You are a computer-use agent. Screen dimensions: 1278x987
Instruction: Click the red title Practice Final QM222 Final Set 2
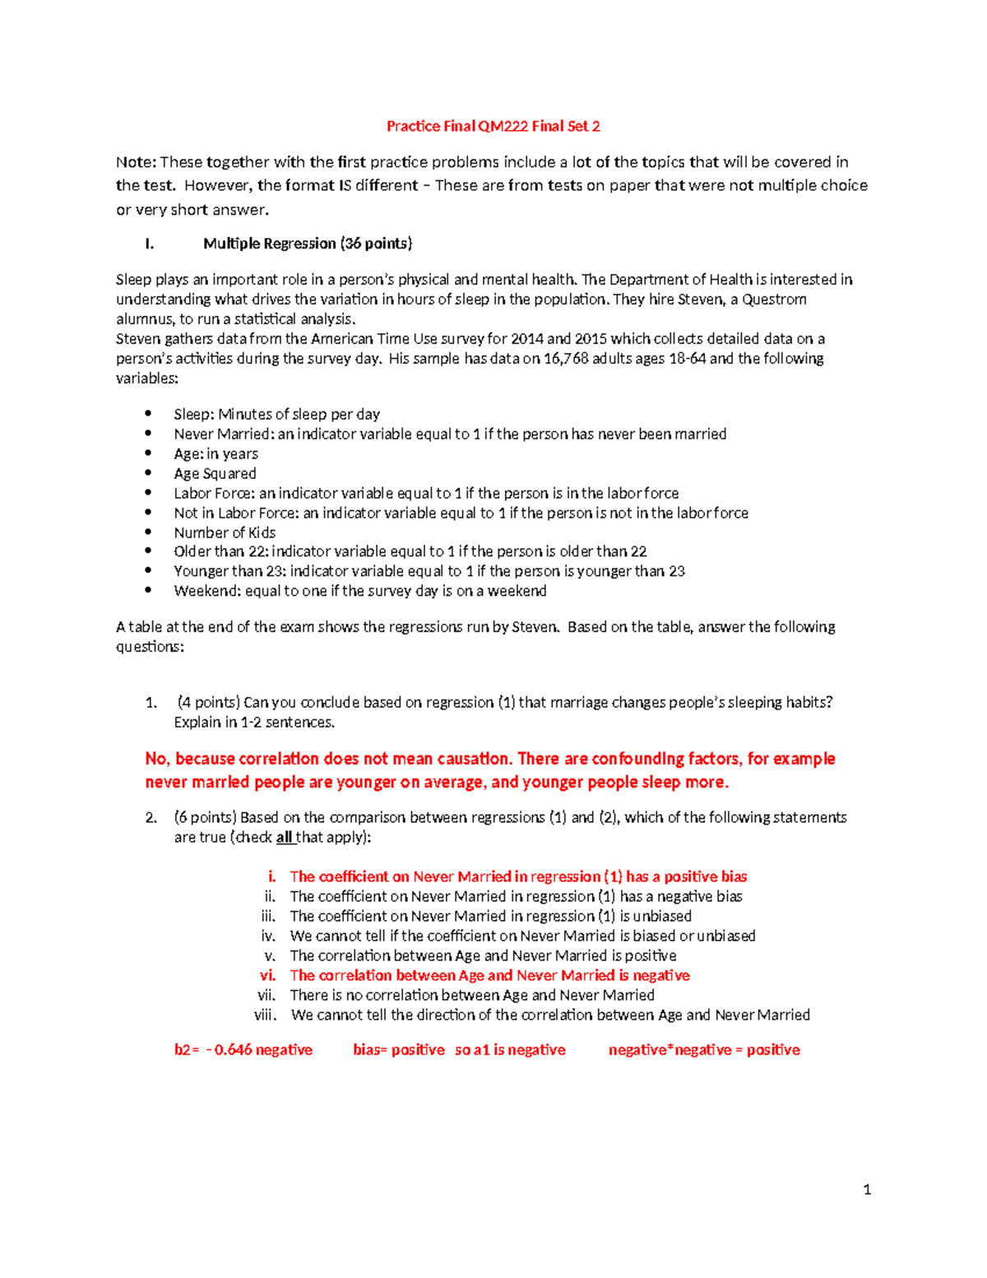493,126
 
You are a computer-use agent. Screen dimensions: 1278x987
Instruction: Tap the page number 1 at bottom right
867,1189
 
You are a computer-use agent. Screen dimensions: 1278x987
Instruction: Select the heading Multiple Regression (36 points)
308,244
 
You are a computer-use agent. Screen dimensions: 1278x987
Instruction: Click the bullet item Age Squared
215,474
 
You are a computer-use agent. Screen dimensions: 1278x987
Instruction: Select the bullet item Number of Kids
225,533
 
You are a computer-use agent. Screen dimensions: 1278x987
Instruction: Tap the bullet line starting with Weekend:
359,591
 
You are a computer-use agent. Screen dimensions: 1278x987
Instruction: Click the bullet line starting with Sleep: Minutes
276,415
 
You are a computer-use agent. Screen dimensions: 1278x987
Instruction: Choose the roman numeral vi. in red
267,976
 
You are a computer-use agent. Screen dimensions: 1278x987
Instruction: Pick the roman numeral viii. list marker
266,1015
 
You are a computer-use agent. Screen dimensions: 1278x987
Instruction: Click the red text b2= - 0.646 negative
243,1050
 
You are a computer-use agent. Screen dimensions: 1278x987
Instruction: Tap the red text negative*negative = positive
704,1050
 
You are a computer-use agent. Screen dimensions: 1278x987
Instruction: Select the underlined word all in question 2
284,838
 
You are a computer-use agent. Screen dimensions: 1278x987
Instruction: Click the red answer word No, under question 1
157,759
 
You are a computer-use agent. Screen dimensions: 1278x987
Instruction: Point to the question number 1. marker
151,703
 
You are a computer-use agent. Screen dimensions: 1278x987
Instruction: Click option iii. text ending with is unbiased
490,917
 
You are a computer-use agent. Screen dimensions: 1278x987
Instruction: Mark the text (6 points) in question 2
205,818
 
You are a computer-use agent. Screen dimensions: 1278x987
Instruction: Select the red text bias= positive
399,1050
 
